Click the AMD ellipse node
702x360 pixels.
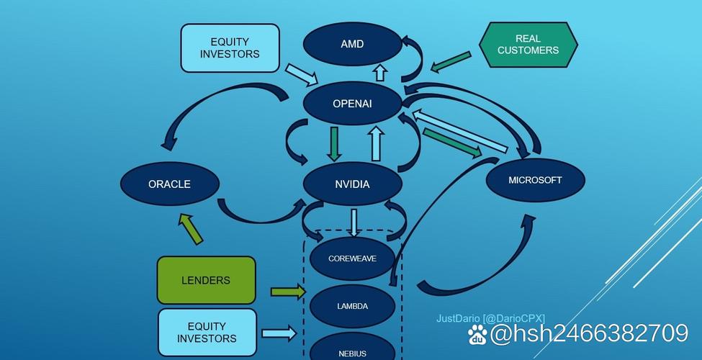[x=352, y=44]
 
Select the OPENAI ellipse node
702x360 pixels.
[x=352, y=104]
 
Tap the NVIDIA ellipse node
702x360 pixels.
[x=352, y=184]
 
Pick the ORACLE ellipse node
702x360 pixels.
[x=169, y=184]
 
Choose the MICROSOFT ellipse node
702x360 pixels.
[x=534, y=180]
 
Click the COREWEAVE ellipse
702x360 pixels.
[x=352, y=258]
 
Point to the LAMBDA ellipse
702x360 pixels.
[x=352, y=306]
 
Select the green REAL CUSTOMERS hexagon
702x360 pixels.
[x=528, y=45]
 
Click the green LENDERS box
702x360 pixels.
[x=206, y=280]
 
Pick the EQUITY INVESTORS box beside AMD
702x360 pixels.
[x=230, y=48]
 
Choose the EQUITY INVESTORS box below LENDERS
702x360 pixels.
[x=207, y=332]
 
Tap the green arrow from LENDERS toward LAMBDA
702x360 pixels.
[x=287, y=292]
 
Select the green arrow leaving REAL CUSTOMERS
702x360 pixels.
[x=451, y=62]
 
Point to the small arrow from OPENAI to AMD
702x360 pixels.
[x=379, y=73]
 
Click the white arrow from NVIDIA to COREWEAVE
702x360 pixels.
[x=354, y=222]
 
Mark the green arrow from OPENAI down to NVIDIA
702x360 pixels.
[x=334, y=143]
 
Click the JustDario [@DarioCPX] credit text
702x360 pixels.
[x=490, y=318]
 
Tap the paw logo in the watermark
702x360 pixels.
[x=477, y=334]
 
